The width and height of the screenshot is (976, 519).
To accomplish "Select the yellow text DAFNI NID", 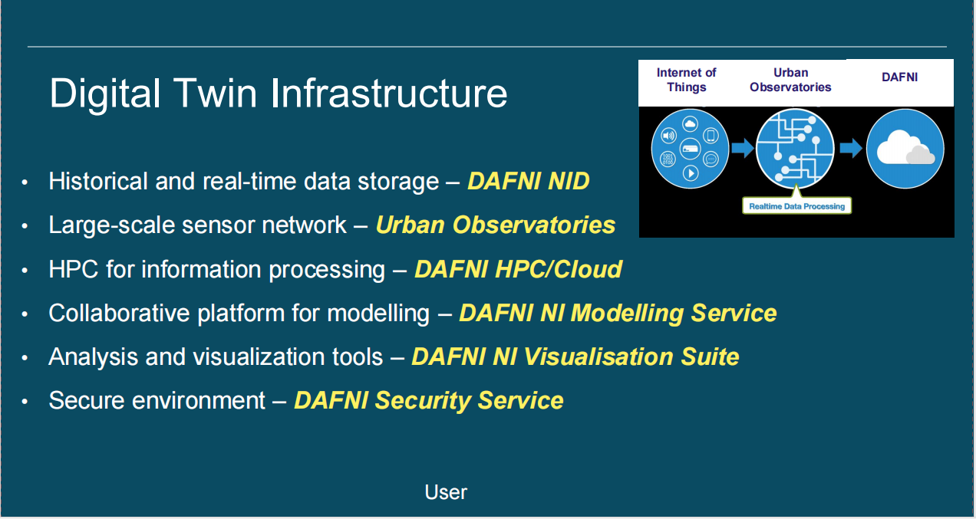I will (x=528, y=182).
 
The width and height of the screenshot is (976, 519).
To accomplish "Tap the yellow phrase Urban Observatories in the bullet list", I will (x=495, y=225).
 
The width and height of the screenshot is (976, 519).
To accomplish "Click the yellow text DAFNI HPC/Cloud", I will (x=518, y=270).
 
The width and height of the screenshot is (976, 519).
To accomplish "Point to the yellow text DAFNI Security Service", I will (x=428, y=401).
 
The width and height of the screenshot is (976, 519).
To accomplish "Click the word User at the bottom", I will (x=446, y=492).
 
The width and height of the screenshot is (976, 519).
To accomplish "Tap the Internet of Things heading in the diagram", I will (x=686, y=80).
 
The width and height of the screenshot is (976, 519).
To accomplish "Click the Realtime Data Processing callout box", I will (x=797, y=206).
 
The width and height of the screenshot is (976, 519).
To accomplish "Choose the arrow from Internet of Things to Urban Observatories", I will (x=742, y=147).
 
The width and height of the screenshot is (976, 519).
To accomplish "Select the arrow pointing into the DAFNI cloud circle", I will (x=851, y=147).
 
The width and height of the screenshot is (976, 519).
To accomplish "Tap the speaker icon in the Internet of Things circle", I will (x=668, y=137).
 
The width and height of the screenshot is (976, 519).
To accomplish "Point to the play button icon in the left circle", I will (x=691, y=173).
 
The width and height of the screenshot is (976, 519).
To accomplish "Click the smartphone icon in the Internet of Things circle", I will (x=711, y=136).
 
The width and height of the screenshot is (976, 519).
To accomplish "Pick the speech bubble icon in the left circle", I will (x=711, y=159).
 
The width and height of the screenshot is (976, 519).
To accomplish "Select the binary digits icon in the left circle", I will (x=668, y=159).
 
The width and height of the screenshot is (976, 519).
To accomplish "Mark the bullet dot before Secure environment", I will (x=26, y=402).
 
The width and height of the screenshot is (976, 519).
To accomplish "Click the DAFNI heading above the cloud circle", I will (x=899, y=77).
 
